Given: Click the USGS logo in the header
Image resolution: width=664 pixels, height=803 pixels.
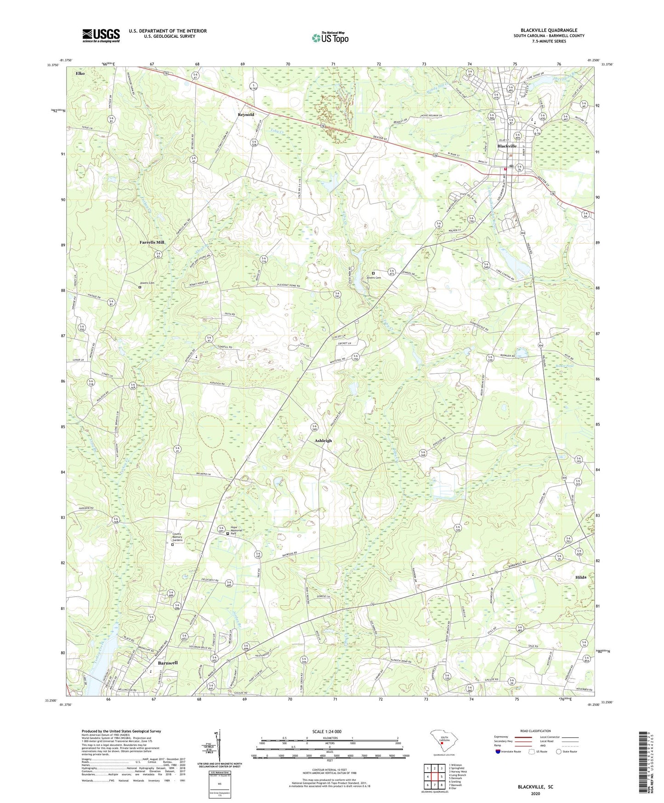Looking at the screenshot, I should point(101,35).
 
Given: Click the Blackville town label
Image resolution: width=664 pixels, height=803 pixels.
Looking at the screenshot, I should point(507,146).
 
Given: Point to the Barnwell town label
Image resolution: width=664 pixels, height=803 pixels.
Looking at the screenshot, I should point(168,663).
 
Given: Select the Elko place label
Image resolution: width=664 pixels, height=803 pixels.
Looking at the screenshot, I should point(80,73).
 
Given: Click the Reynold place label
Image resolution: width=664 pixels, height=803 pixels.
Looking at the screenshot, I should point(246,115).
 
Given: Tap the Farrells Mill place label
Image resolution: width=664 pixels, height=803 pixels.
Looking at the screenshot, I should point(152,242).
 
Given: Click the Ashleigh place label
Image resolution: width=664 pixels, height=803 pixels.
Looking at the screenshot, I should point(323,441).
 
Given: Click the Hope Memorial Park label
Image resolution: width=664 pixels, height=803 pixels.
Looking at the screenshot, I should point(236,531).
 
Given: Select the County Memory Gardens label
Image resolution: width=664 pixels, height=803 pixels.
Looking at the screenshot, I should point(177,537).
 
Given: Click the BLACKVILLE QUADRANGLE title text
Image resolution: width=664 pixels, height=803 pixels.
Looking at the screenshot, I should point(549,30).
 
